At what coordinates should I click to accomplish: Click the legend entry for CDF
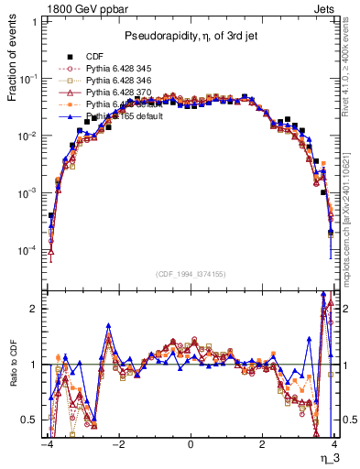tap(94, 57)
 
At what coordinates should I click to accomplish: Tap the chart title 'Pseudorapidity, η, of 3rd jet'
tap(190, 36)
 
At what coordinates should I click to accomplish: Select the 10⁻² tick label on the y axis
tap(30, 136)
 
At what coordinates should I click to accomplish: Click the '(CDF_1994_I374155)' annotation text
tap(191, 274)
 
